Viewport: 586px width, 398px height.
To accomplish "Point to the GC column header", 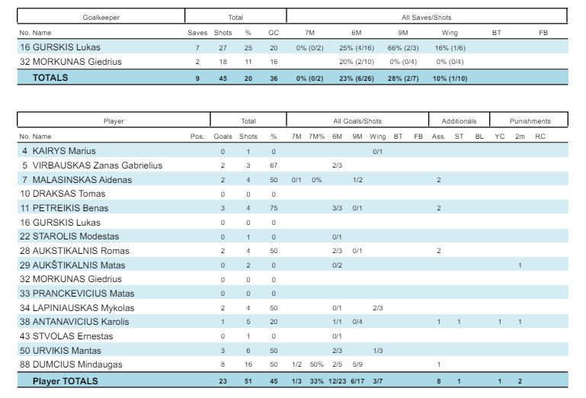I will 274,33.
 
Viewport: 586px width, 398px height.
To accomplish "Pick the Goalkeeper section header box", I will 101,16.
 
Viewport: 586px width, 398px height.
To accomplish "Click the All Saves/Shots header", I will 427,16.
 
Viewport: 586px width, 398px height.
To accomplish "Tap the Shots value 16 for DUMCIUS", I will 244,364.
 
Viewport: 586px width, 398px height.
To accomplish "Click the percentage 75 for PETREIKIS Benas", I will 274,208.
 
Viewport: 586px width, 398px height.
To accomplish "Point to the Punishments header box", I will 530,120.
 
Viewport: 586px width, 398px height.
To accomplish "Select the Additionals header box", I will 459,120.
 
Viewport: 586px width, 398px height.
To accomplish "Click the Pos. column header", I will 197,136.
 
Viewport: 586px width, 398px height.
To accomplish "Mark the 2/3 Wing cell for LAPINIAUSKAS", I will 378,307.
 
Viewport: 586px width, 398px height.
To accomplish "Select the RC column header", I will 540,136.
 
